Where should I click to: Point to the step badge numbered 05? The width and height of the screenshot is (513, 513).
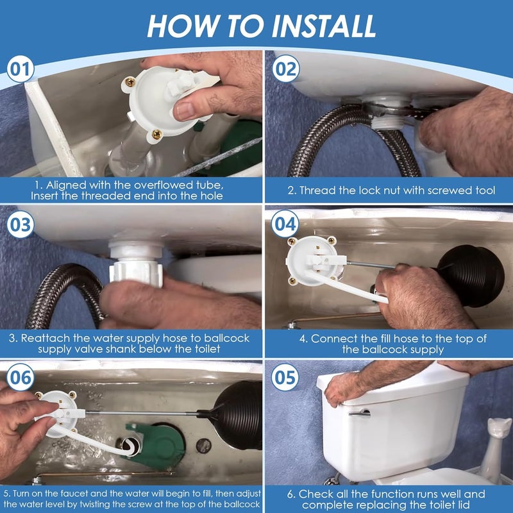(x=284, y=378)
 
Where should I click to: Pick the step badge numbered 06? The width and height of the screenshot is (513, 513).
(x=21, y=378)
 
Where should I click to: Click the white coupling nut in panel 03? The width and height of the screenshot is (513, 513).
(x=135, y=269)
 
